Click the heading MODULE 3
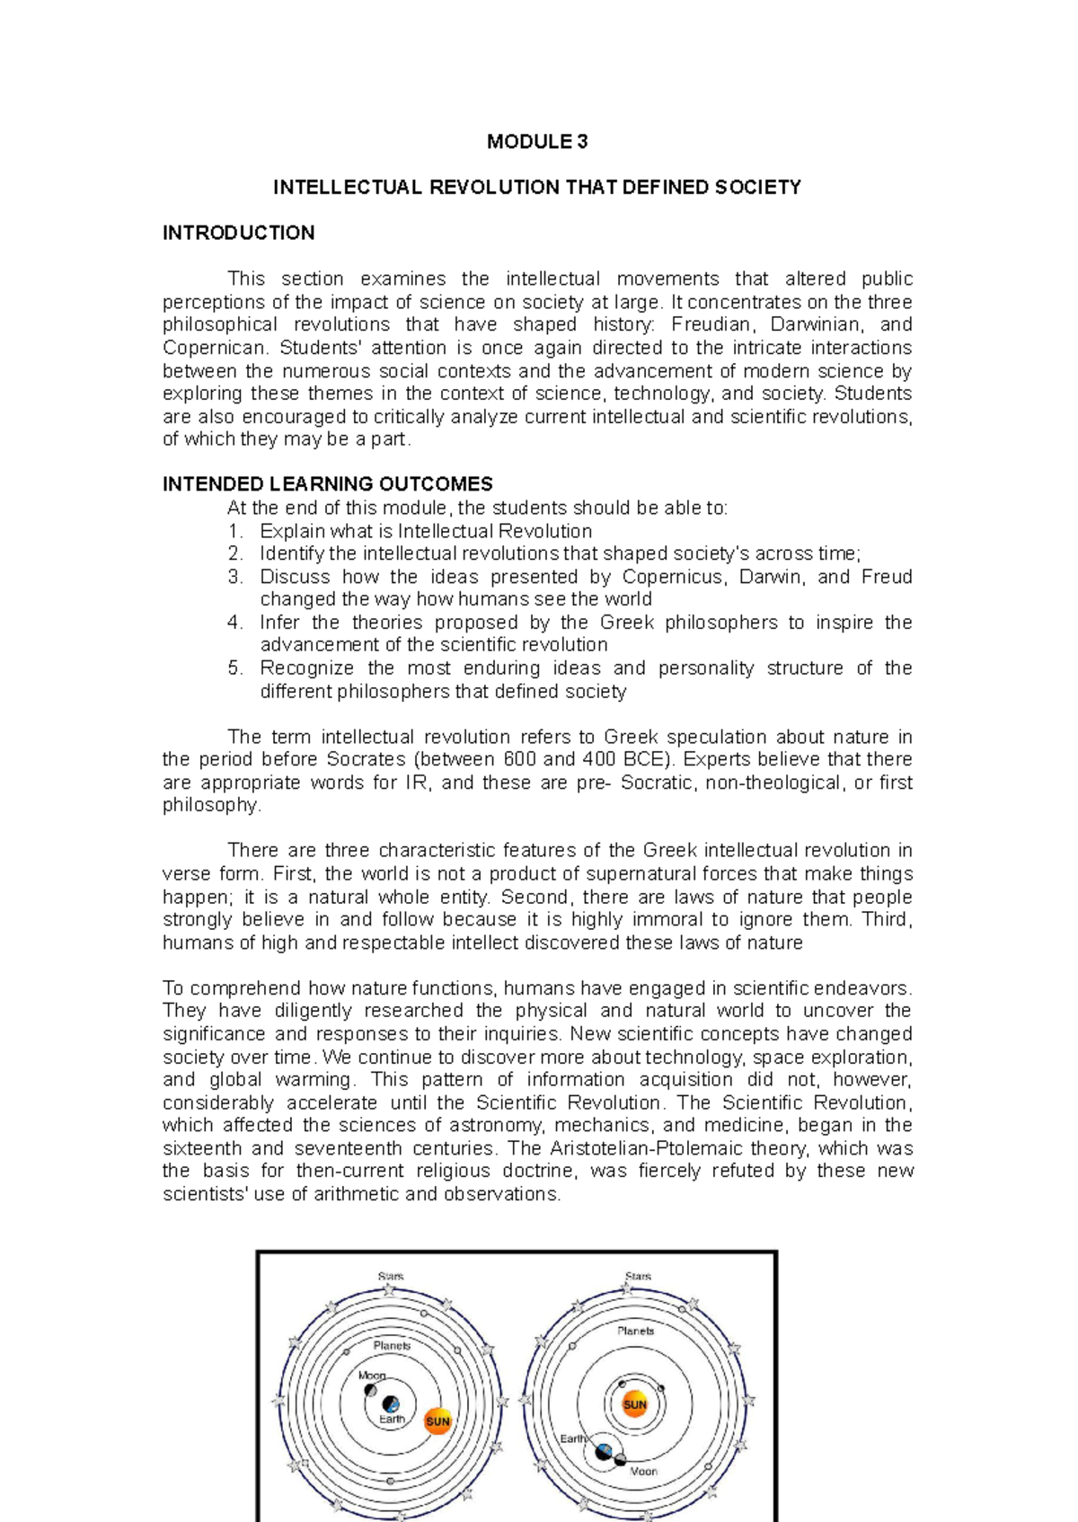537,142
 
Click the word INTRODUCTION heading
238,234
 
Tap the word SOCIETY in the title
757,188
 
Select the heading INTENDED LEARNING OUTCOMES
327,485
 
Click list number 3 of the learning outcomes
234,577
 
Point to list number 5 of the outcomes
234,668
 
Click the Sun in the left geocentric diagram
437,1421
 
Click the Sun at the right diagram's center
635,1404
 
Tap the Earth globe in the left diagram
391,1404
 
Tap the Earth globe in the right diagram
605,1452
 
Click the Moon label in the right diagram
643,1472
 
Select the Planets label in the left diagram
392,1346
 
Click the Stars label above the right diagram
638,1277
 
